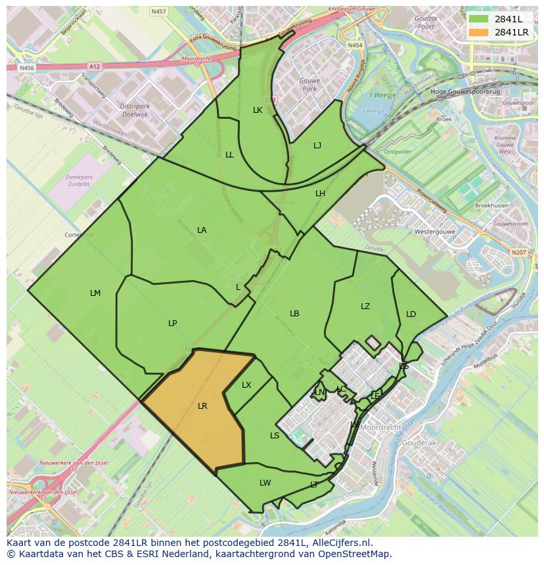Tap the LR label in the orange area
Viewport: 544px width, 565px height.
pos(202,406)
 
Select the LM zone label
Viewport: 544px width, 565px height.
pos(95,293)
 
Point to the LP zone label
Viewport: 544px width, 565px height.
pos(172,323)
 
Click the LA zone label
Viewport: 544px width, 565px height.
pos(202,230)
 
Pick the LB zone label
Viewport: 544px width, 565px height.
pos(294,314)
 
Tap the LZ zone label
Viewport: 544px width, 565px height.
pos(365,306)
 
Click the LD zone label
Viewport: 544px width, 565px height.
pos(411,314)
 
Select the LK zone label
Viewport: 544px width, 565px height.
pos(258,110)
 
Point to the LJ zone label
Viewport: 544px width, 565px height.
pos(317,146)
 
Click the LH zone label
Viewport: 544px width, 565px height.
pos(320,194)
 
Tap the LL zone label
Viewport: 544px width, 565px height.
pos(229,155)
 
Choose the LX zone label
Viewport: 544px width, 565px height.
pos(246,385)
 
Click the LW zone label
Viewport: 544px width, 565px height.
pos(265,483)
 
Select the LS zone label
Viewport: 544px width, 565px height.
pos(275,436)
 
